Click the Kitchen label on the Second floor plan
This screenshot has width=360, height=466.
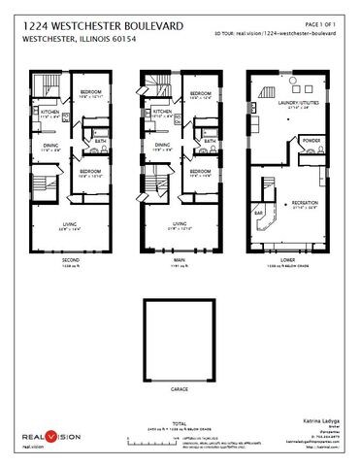pyautogui.click(x=49, y=112)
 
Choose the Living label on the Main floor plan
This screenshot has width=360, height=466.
pyautogui.click(x=179, y=226)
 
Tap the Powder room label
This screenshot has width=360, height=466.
pyautogui.click(x=311, y=141)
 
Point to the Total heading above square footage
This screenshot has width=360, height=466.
pyautogui.click(x=179, y=423)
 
